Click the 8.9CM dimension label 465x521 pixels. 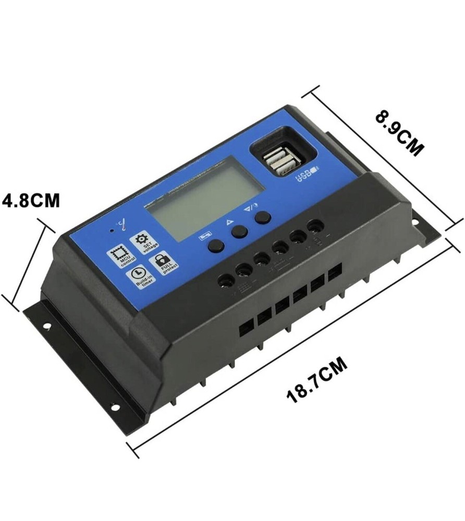click(x=399, y=132)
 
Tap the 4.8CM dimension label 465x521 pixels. click(x=31, y=201)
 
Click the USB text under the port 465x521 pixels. click(x=307, y=174)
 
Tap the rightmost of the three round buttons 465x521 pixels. click(x=264, y=217)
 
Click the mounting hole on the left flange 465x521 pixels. click(x=46, y=327)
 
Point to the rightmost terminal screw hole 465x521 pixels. click(x=315, y=226)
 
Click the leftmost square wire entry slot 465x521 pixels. click(x=246, y=325)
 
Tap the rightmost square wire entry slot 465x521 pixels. click(x=334, y=272)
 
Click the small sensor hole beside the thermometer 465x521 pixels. click(x=112, y=230)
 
